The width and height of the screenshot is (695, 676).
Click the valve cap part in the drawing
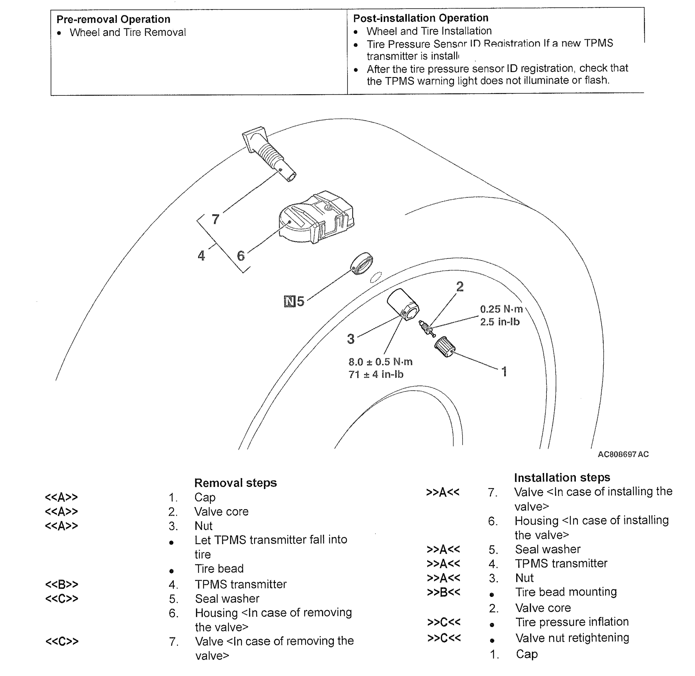coord(444,346)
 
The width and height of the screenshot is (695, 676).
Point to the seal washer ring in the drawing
coord(362,263)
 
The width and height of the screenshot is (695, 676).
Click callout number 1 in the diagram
coord(504,372)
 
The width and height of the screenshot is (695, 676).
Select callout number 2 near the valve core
coord(460,287)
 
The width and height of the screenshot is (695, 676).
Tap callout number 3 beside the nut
coord(351,339)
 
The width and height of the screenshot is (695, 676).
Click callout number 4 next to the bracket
coord(201,256)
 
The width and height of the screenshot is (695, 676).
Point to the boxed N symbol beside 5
coord(290,301)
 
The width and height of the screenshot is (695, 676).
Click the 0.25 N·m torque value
coord(501,309)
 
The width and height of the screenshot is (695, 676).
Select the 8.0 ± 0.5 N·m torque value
coord(380,362)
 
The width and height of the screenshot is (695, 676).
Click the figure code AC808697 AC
coord(623,454)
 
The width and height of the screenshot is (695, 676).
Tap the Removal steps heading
coord(235,483)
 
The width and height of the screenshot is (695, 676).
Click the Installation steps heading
coord(562,477)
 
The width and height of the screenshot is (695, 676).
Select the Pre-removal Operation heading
coord(113,19)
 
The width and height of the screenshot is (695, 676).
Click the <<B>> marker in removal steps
coord(62,584)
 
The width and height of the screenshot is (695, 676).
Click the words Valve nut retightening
coord(572,638)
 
